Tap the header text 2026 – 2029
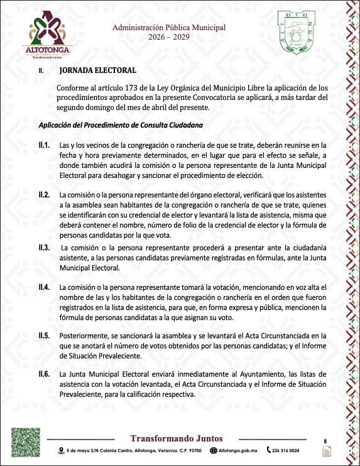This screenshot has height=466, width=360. point(169,38)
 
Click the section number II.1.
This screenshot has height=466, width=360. point(44,145)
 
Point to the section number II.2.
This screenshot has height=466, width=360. point(44,194)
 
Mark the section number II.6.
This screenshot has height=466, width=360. point(44,374)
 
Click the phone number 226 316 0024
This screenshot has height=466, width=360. point(286,450)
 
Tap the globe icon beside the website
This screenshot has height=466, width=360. point(214,450)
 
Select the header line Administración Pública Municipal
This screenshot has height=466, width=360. point(169,28)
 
